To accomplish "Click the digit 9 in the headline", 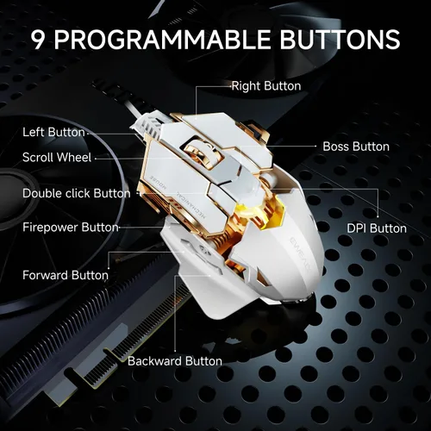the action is click(38, 39).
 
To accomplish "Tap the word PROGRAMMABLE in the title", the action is click(162, 39).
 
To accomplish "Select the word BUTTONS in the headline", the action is click(340, 39).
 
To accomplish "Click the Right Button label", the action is click(266, 86).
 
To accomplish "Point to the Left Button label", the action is click(53, 132).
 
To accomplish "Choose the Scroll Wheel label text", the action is click(57, 157).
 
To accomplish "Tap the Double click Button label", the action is click(77, 193).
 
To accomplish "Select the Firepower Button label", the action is click(71, 228).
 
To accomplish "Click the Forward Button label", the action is click(66, 275).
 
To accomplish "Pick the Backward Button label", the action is click(175, 361).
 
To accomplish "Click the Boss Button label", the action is click(356, 147).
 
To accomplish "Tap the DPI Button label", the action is click(377, 228).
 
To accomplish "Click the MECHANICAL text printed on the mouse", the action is click(191, 204).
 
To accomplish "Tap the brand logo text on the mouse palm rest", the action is click(299, 253).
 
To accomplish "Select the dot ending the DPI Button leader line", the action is click(378, 216).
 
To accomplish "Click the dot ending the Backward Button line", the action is click(175, 351).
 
